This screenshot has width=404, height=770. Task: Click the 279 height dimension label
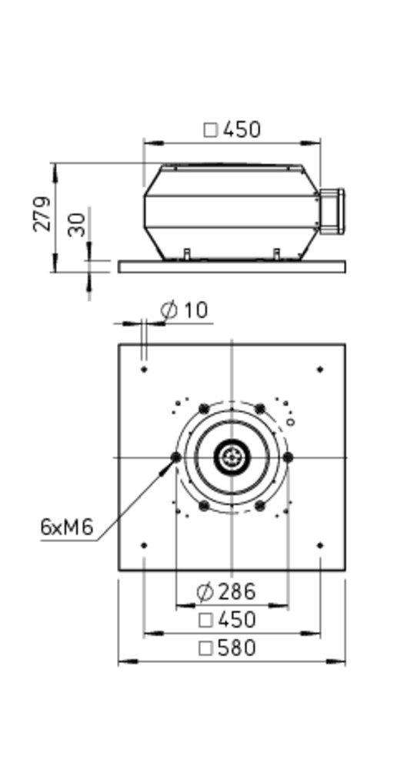click(42, 213)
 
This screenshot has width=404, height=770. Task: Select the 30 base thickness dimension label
click(77, 224)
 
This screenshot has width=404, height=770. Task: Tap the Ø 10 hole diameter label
click(185, 310)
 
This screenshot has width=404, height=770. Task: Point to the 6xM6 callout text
click(66, 527)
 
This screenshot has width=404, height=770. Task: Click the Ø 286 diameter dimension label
click(226, 591)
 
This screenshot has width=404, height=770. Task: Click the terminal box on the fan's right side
click(332, 211)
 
